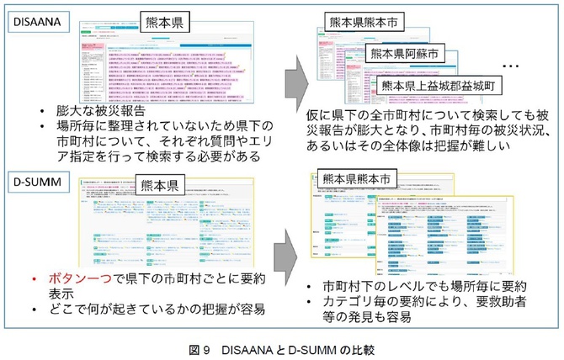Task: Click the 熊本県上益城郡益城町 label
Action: [439, 85]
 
